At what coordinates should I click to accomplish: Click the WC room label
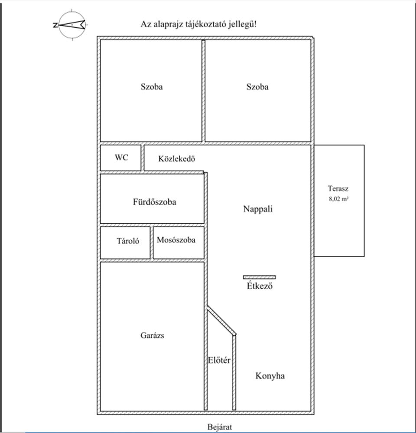click(x=122, y=158)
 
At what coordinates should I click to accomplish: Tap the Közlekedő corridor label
click(x=177, y=158)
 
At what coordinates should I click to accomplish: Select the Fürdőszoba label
click(x=155, y=202)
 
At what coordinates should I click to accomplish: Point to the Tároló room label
click(x=128, y=241)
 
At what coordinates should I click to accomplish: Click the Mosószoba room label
click(x=176, y=240)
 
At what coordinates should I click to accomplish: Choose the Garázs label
click(x=152, y=335)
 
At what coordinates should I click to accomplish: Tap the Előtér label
click(x=219, y=360)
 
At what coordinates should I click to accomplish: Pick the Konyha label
click(x=270, y=376)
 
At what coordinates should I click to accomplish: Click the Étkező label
click(x=260, y=285)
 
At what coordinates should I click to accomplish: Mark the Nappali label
click(x=258, y=209)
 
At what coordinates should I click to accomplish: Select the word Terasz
click(x=338, y=189)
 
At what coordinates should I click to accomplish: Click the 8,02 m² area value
click(x=338, y=199)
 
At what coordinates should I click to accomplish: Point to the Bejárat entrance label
click(x=220, y=427)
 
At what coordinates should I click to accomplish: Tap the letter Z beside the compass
click(x=55, y=26)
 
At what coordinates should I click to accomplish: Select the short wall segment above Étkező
click(x=259, y=277)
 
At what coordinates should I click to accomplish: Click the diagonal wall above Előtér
click(x=221, y=320)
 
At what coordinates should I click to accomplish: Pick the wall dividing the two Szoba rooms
click(x=203, y=91)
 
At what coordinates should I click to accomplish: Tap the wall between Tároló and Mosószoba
click(x=152, y=243)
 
